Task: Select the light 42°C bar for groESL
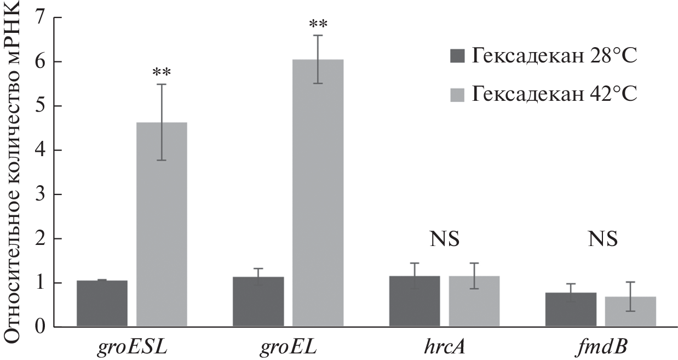[x=162, y=225]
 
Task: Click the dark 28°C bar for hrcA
[x=414, y=301]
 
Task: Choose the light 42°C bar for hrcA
[x=474, y=301]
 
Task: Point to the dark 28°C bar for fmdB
[x=571, y=310]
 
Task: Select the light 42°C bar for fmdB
[x=630, y=312]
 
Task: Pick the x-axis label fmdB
[x=600, y=347]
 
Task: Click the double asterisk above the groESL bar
[x=162, y=73]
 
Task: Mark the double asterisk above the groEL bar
[x=318, y=25]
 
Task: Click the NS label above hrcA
[x=444, y=239]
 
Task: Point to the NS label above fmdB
[x=602, y=239]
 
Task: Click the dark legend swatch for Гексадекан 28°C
[x=457, y=56]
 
